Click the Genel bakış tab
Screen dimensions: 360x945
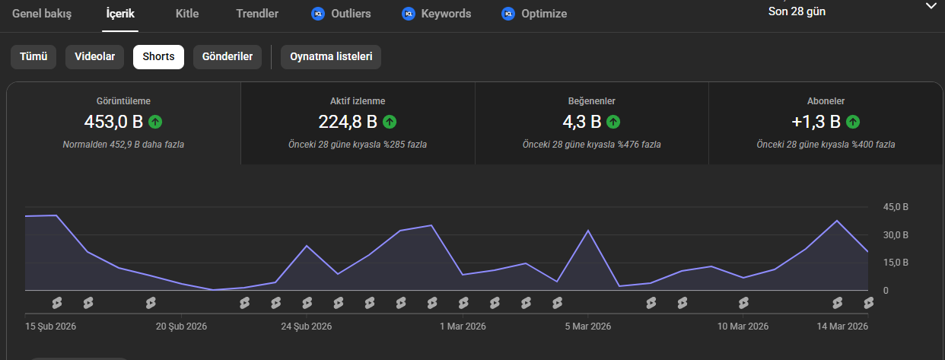tap(42, 14)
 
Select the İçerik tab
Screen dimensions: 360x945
tap(120, 14)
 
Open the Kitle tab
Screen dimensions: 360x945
tap(187, 14)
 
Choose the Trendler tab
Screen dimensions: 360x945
tap(257, 14)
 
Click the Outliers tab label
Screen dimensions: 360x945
tap(352, 14)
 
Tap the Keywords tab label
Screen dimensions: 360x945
tap(446, 14)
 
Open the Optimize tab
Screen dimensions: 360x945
tap(544, 14)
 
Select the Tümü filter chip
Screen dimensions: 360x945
tap(33, 57)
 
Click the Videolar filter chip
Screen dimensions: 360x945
tap(94, 57)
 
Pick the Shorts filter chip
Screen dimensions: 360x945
tap(158, 57)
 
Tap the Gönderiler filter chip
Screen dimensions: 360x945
tap(228, 57)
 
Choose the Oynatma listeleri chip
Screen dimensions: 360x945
tap(331, 57)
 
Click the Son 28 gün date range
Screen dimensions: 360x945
tap(797, 11)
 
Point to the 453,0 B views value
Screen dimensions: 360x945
tap(113, 122)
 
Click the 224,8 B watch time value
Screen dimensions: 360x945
tap(348, 122)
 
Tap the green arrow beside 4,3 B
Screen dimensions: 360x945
tap(613, 122)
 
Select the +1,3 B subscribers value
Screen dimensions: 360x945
tap(816, 122)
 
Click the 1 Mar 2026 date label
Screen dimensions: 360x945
tap(463, 327)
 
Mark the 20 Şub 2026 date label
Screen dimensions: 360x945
tap(181, 327)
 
